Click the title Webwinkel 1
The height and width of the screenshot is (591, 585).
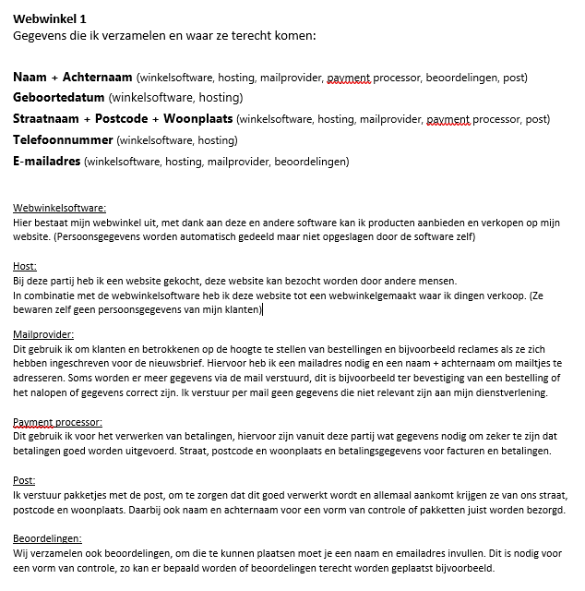pos(52,18)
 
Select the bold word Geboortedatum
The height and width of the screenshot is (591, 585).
pos(59,97)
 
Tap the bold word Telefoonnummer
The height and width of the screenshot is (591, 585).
pos(63,140)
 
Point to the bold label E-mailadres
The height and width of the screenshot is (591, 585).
pos(46,162)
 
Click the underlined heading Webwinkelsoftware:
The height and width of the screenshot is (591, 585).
pos(59,209)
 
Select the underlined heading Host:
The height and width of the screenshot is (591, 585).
pos(25,266)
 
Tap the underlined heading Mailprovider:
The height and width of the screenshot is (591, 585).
pos(43,334)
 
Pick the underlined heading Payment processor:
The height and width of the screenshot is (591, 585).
pos(57,423)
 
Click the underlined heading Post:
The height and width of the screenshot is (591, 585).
pos(24,481)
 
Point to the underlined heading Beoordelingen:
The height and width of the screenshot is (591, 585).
pos(46,538)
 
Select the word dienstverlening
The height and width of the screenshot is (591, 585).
pos(514,393)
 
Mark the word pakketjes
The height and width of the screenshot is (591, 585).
pos(80,496)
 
